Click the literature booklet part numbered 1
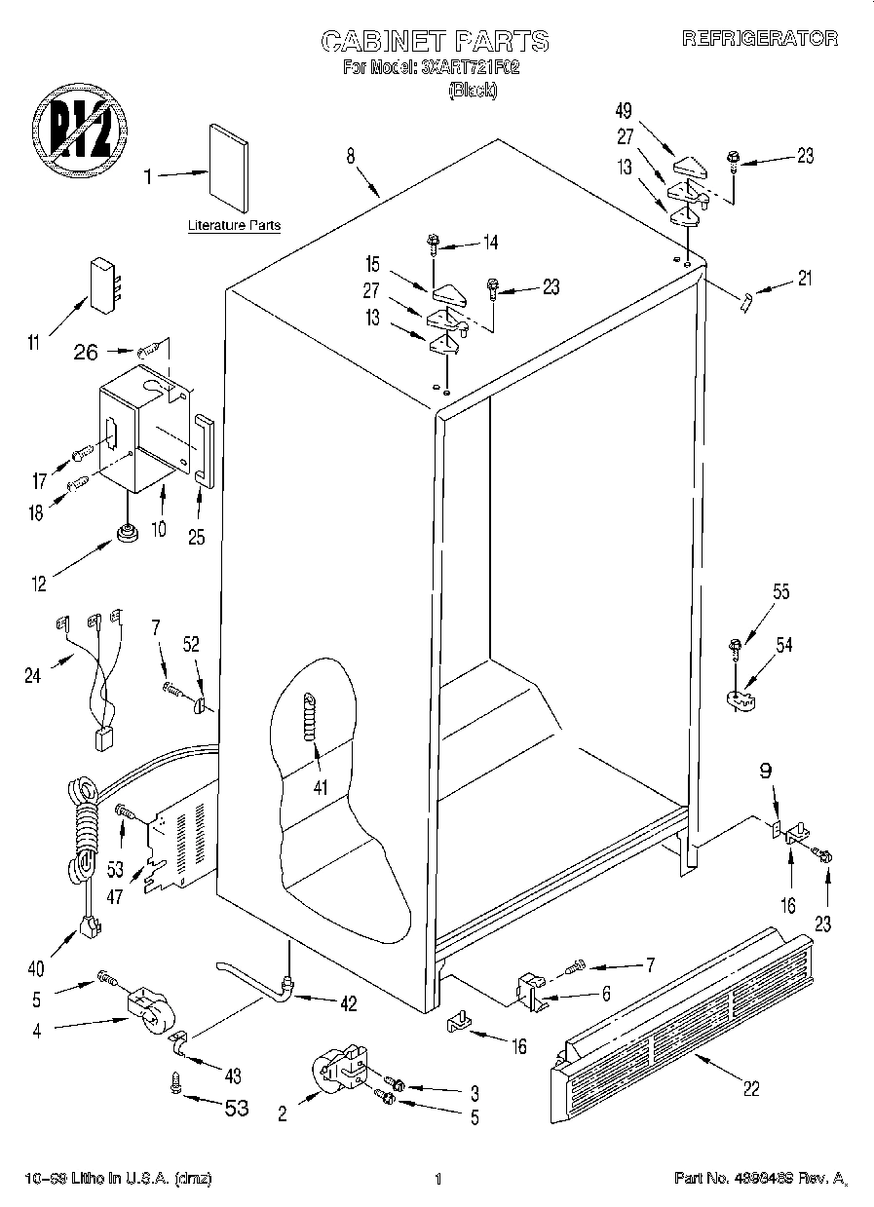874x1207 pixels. click(x=227, y=168)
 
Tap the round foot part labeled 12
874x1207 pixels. click(x=126, y=533)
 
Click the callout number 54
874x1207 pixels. click(x=784, y=644)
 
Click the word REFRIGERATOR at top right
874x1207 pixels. click(x=759, y=39)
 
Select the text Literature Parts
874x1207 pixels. click(x=234, y=225)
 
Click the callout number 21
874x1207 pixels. click(x=805, y=278)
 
